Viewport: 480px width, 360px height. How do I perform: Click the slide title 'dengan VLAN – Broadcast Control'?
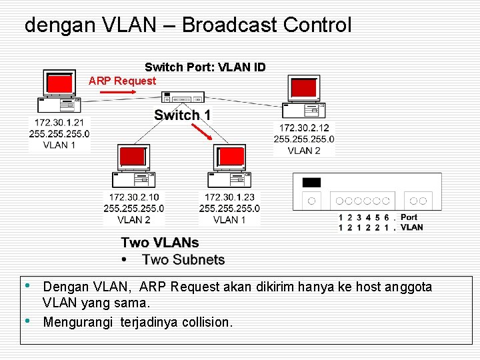(x=187, y=25)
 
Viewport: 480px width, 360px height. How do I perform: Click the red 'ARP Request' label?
(x=122, y=81)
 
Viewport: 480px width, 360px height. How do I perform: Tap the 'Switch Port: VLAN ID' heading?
(x=205, y=67)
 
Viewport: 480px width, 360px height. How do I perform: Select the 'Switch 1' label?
(x=182, y=115)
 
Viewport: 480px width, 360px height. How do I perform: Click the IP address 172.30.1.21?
(x=59, y=123)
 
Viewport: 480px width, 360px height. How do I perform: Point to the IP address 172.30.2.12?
(x=304, y=128)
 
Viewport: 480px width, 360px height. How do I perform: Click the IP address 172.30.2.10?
(x=134, y=197)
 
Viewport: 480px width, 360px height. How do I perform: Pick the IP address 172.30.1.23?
(x=229, y=197)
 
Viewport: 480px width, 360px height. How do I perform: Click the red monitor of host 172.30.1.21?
(x=59, y=83)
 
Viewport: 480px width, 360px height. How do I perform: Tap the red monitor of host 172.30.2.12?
(x=304, y=88)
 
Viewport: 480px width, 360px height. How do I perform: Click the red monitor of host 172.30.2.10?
(x=132, y=157)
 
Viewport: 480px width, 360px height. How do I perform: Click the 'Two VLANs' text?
(x=160, y=243)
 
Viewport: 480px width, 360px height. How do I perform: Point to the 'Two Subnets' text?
(x=183, y=259)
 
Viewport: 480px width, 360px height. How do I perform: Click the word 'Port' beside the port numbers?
(x=409, y=217)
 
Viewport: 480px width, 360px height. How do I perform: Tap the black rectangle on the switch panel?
(x=311, y=183)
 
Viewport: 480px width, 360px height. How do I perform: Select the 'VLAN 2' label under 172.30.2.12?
(x=304, y=151)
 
